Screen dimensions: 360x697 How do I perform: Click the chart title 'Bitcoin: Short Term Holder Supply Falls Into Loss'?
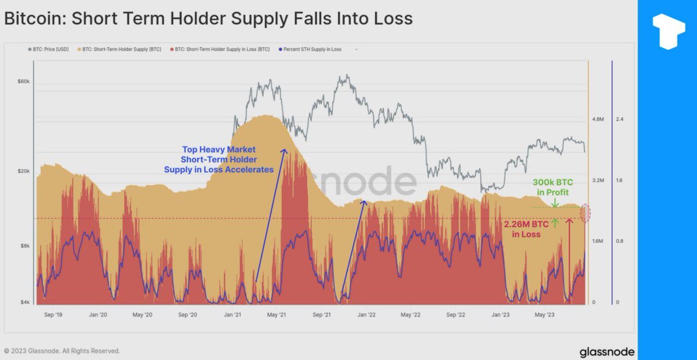[208, 19]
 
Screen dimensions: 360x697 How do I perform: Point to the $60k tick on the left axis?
[23, 81]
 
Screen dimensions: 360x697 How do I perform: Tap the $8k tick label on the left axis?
[24, 246]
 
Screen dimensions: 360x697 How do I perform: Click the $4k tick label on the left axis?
[24, 302]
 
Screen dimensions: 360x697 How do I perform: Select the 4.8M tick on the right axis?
[598, 119]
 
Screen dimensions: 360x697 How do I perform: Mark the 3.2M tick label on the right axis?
[598, 181]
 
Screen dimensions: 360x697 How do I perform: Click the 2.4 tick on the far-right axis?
[619, 119]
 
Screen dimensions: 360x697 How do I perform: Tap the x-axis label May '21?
[276, 315]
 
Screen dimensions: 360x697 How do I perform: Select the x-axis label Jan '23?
[501, 315]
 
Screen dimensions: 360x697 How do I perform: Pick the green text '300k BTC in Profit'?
[552, 187]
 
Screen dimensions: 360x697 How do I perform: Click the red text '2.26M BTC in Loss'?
[526, 229]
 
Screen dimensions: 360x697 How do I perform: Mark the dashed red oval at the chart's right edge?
[586, 213]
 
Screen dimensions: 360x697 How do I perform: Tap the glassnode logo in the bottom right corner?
[606, 352]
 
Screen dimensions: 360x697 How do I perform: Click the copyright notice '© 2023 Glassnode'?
[62, 351]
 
